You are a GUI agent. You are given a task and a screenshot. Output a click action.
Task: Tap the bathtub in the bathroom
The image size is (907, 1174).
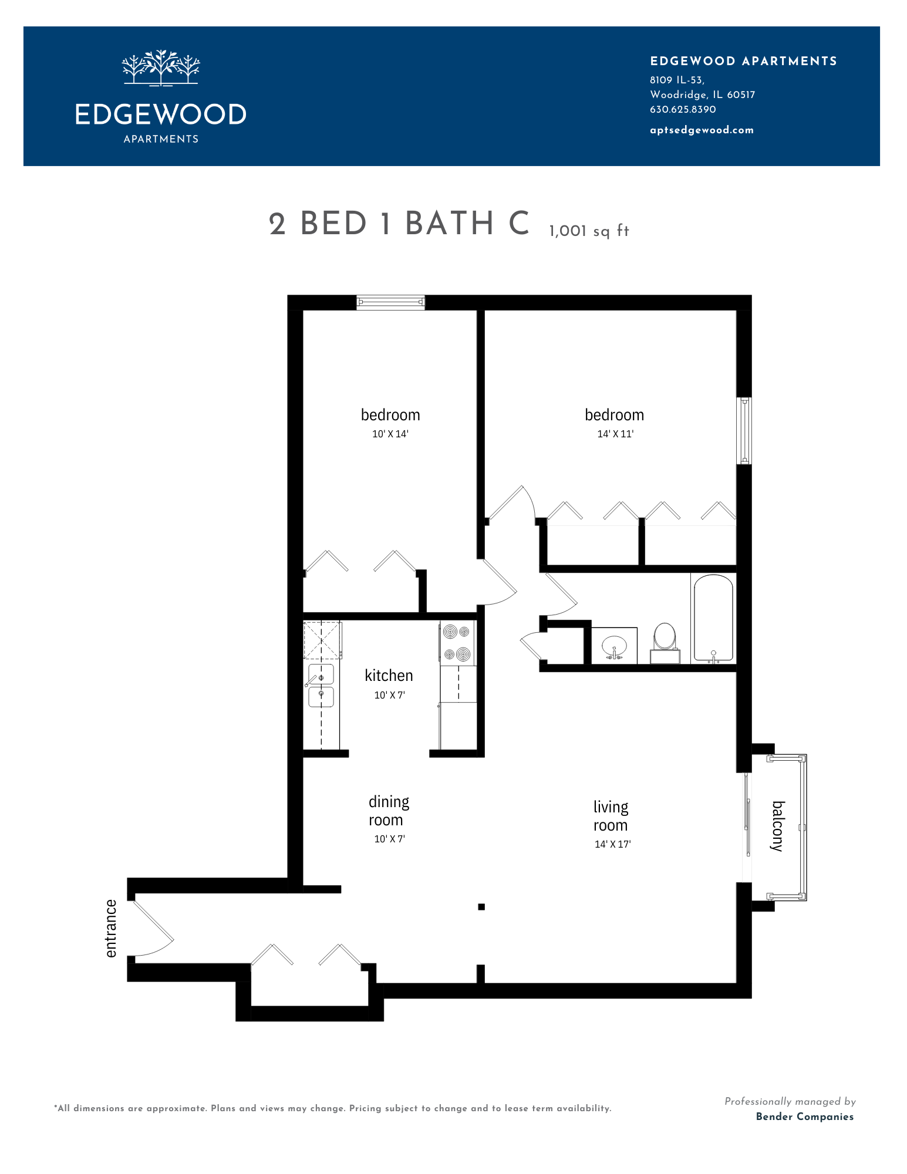713,618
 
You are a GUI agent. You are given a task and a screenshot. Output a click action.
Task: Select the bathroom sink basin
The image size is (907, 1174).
614,647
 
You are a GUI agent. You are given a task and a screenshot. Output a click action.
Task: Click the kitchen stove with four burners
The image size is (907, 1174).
457,643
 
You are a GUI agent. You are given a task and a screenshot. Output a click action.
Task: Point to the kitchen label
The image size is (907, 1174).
389,676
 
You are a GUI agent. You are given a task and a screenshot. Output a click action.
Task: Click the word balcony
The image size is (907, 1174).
778,826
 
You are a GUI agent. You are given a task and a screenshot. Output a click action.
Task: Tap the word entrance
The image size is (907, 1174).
111,928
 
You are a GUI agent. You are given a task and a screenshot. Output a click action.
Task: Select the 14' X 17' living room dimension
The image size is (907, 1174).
612,844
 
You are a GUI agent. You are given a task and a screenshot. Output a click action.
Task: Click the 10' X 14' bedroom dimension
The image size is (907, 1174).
390,434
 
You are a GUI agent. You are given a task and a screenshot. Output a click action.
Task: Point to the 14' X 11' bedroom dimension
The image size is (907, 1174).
615,434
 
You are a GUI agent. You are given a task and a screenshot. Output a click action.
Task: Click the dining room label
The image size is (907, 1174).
389,811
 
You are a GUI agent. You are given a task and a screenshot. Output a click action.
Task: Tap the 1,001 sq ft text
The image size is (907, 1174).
589,231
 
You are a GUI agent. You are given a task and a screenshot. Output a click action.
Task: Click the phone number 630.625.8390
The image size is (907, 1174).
683,109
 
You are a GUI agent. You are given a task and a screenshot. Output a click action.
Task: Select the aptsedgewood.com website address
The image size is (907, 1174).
702,130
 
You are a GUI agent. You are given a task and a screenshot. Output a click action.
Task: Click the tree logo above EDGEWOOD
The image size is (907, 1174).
161,68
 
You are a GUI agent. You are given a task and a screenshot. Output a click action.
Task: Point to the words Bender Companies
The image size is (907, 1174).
805,1116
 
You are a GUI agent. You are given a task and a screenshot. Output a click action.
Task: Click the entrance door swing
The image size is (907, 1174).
152,928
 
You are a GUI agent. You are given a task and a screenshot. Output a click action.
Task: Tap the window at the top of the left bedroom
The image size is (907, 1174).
390,302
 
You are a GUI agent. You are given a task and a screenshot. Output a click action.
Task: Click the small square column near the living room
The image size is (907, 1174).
481,907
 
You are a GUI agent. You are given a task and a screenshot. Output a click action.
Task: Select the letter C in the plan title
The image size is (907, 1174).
519,224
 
